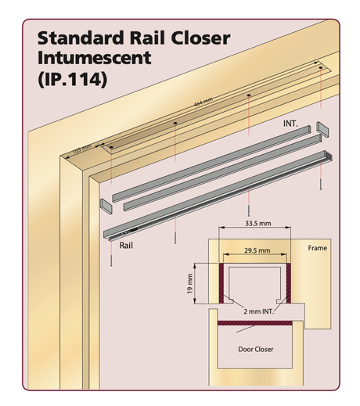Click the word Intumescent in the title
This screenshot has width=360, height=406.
(94, 58)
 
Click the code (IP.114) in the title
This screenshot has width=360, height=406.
(73, 79)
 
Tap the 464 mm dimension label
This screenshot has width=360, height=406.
(203, 102)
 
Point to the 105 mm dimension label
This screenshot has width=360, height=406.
(82, 149)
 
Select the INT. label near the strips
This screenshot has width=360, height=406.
(290, 124)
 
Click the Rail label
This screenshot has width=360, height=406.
(126, 246)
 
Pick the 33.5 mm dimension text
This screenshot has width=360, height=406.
(257, 223)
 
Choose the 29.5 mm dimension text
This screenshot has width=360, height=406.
(257, 250)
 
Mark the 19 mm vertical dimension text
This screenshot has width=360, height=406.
(190, 283)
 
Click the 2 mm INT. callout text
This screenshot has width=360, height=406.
(258, 311)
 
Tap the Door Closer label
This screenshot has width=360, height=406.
(256, 349)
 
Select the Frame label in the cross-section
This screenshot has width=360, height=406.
(317, 248)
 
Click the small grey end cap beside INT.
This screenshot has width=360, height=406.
(322, 129)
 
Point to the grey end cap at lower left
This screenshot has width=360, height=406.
(106, 207)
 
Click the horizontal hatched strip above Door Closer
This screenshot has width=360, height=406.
(255, 323)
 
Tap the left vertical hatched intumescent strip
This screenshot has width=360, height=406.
(221, 283)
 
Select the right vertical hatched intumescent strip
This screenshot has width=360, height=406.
(289, 283)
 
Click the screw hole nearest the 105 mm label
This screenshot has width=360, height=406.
(111, 147)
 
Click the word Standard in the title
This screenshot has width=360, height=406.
(81, 38)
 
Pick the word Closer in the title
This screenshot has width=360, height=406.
(200, 38)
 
